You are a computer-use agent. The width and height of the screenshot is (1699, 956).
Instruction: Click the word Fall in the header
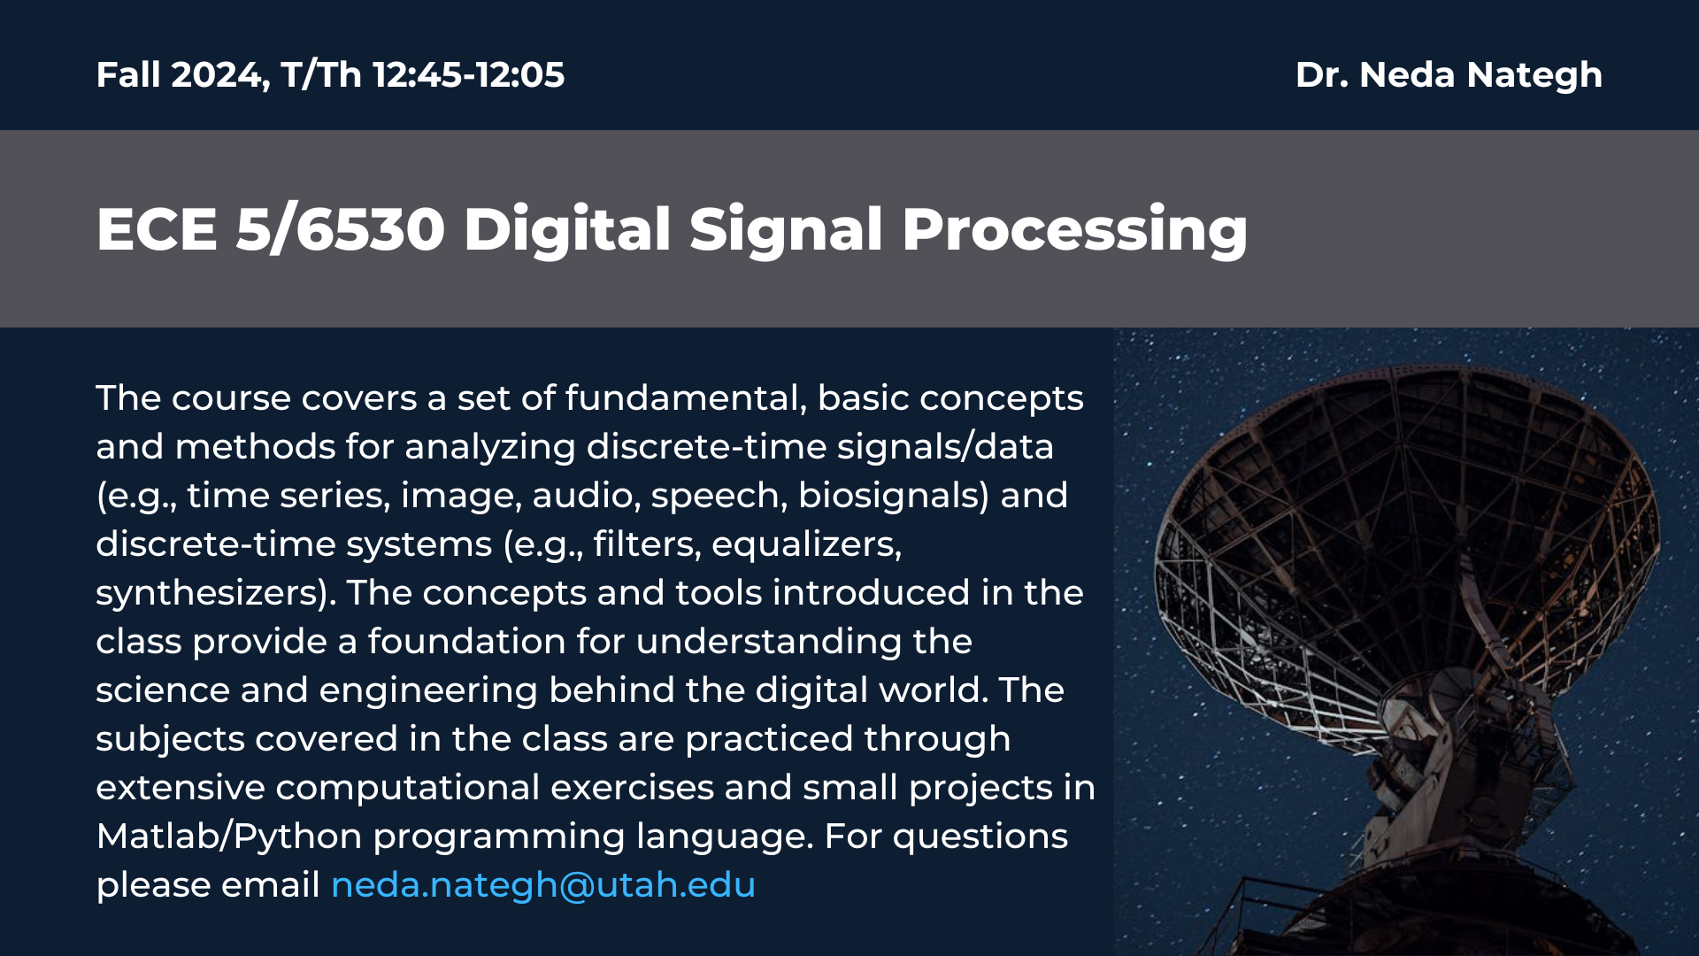point(127,75)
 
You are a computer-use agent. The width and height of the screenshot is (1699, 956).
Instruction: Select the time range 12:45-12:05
point(468,75)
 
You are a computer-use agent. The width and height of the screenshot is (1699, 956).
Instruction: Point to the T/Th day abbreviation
point(321,75)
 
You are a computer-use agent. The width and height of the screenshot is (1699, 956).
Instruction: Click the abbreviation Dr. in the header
point(1322,75)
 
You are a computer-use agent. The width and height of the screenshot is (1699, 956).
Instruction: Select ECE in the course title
point(157,229)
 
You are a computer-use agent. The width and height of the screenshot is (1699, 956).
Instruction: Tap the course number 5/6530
point(341,229)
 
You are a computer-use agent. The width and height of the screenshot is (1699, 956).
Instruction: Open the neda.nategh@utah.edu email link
point(542,885)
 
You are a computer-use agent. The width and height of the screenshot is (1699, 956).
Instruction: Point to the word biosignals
point(894,496)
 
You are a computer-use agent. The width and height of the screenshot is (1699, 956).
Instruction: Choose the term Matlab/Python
point(229,836)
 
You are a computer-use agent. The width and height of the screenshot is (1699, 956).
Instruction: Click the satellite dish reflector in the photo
point(1407,549)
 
